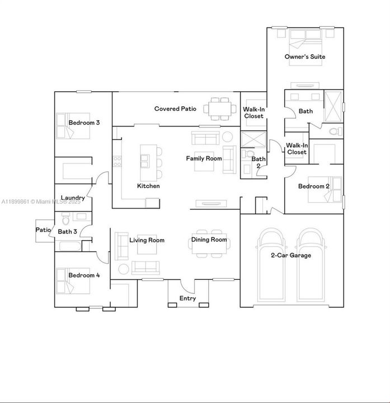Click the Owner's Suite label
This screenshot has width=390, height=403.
(304, 57)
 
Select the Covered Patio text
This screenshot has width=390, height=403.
(175, 109)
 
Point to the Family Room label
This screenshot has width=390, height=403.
(204, 158)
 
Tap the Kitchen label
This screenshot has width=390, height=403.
(148, 186)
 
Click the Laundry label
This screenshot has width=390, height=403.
(72, 198)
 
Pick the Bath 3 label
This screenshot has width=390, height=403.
(67, 231)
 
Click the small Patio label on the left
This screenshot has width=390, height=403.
(44, 230)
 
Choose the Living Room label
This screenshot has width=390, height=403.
(147, 240)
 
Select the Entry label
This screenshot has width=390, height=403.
(187, 298)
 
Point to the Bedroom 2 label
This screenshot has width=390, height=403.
(313, 186)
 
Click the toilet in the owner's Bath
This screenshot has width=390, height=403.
(335, 132)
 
